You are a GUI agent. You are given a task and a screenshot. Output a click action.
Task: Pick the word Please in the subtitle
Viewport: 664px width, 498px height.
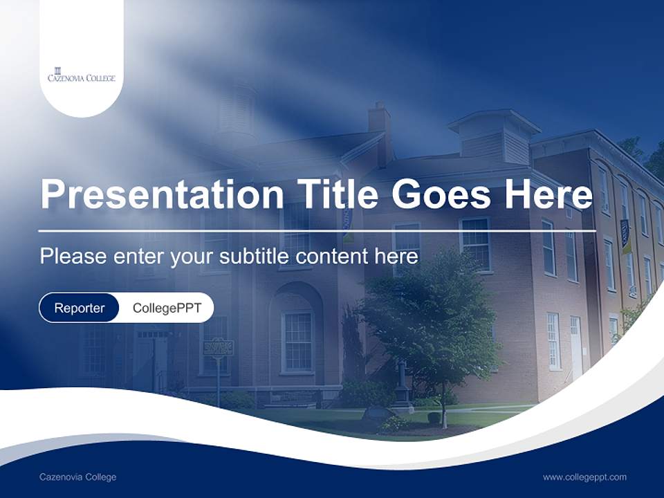[71, 257]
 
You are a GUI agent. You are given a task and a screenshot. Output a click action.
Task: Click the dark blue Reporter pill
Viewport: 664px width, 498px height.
[79, 308]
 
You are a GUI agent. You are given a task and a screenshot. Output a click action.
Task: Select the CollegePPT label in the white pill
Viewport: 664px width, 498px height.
[167, 308]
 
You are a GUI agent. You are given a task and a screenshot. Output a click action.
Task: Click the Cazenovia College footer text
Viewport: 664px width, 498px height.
[77, 477]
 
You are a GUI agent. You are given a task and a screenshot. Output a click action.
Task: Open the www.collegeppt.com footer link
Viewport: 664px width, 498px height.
[584, 477]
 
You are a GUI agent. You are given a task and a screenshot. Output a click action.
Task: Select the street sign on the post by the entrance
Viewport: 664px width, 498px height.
[218, 347]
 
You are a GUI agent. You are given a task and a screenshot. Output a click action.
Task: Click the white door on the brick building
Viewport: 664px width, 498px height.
[575, 346]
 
